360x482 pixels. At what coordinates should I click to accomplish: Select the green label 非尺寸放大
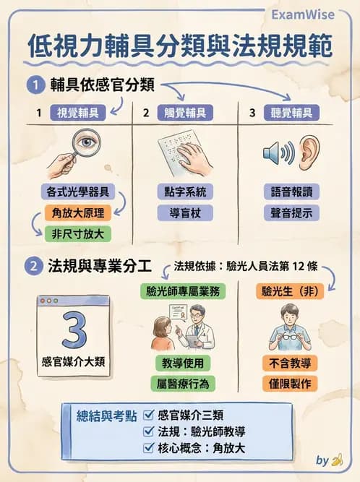pyautogui.click(x=77, y=233)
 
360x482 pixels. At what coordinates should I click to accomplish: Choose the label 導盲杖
pyautogui.click(x=185, y=212)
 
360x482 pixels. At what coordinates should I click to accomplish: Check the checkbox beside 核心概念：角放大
pyautogui.click(x=150, y=448)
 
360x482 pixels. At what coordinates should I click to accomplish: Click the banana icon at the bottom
pyautogui.click(x=337, y=460)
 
